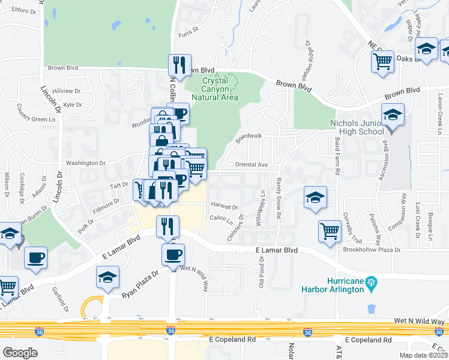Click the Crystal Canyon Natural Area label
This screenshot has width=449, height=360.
coord(215,89)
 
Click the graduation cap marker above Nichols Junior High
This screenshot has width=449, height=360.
coord(393,115)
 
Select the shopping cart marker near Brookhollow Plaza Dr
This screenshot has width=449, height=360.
coord(330,231)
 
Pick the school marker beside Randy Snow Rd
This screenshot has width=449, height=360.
coord(315,198)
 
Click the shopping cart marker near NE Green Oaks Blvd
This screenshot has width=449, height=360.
coord(382,61)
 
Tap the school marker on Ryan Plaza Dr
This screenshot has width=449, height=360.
coord(108,277)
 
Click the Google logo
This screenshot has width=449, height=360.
coord(20,353)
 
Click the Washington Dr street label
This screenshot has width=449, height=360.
coord(86,163)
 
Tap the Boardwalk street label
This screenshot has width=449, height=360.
coord(249,137)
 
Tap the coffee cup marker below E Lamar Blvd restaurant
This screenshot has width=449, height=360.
coord(173,254)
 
